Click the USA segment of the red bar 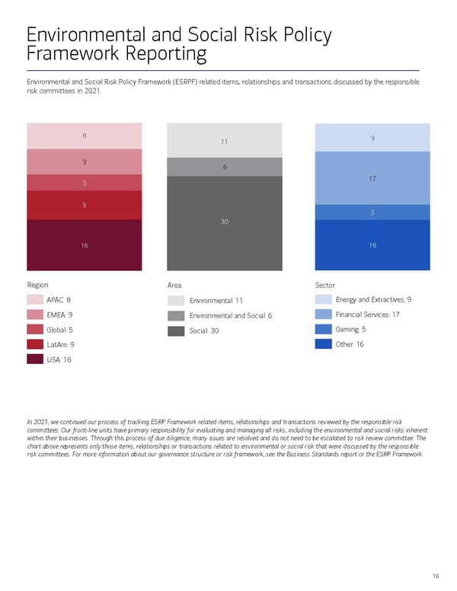(x=84, y=244)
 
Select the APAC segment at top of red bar (x=84, y=136)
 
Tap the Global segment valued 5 (x=84, y=182)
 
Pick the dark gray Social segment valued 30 (x=225, y=222)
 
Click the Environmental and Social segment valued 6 (x=225, y=167)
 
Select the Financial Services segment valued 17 (x=372, y=178)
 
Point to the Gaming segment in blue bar (x=372, y=212)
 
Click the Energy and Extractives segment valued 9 (x=372, y=137)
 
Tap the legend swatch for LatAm (x=35, y=344)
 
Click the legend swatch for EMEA (x=35, y=315)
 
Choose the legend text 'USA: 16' (x=59, y=359)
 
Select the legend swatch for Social (x=176, y=331)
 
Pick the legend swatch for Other (x=323, y=344)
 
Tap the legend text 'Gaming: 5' (x=351, y=330)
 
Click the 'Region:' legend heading (x=38, y=284)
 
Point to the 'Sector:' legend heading (x=326, y=284)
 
